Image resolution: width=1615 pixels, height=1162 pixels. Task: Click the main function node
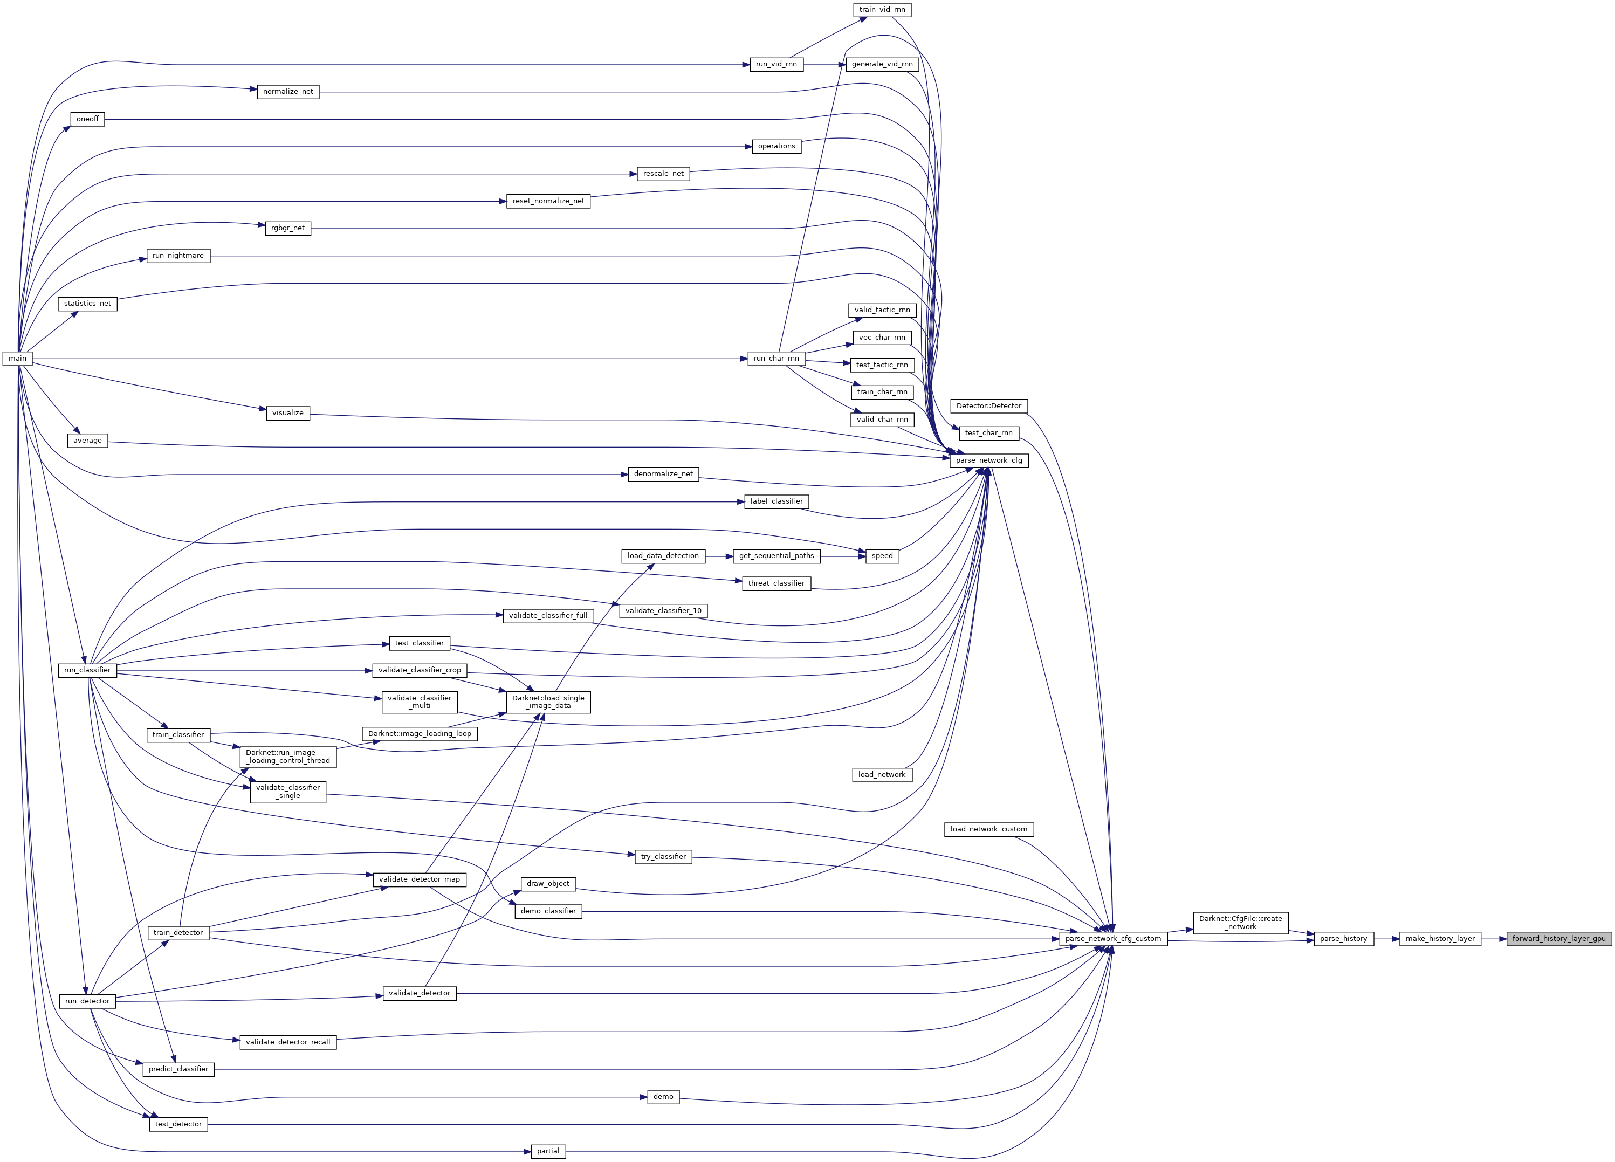coord(18,358)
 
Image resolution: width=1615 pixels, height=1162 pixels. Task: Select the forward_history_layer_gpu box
coord(1559,938)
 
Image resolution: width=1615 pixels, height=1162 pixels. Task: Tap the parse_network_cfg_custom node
coord(1112,938)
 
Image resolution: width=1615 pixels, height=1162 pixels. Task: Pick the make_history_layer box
coord(1440,938)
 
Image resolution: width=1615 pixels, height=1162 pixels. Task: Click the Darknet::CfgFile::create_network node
coord(1240,923)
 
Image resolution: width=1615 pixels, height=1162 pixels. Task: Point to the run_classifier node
coord(87,670)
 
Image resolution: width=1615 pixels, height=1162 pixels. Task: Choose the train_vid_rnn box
coord(882,10)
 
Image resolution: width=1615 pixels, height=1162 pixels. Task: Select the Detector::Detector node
coord(988,406)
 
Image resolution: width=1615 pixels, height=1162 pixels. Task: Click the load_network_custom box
coord(988,829)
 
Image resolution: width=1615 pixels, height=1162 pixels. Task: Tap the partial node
coord(548,1151)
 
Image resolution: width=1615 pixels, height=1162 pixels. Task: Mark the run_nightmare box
coord(178,256)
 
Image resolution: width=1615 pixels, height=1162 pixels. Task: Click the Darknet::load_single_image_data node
coord(548,702)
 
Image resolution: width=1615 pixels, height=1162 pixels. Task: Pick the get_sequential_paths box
coord(776,555)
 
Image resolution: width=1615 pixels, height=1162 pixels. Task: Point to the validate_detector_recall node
coord(288,1042)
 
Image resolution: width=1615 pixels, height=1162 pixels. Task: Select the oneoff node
coord(87,119)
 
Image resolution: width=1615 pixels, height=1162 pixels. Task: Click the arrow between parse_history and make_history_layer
coord(1386,938)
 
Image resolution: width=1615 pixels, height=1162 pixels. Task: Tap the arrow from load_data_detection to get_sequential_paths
coord(719,555)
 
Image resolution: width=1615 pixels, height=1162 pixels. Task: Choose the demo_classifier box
coord(548,911)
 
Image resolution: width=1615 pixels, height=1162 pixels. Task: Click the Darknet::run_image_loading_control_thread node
coord(288,756)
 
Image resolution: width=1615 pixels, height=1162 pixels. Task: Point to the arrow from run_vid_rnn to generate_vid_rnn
coord(824,64)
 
